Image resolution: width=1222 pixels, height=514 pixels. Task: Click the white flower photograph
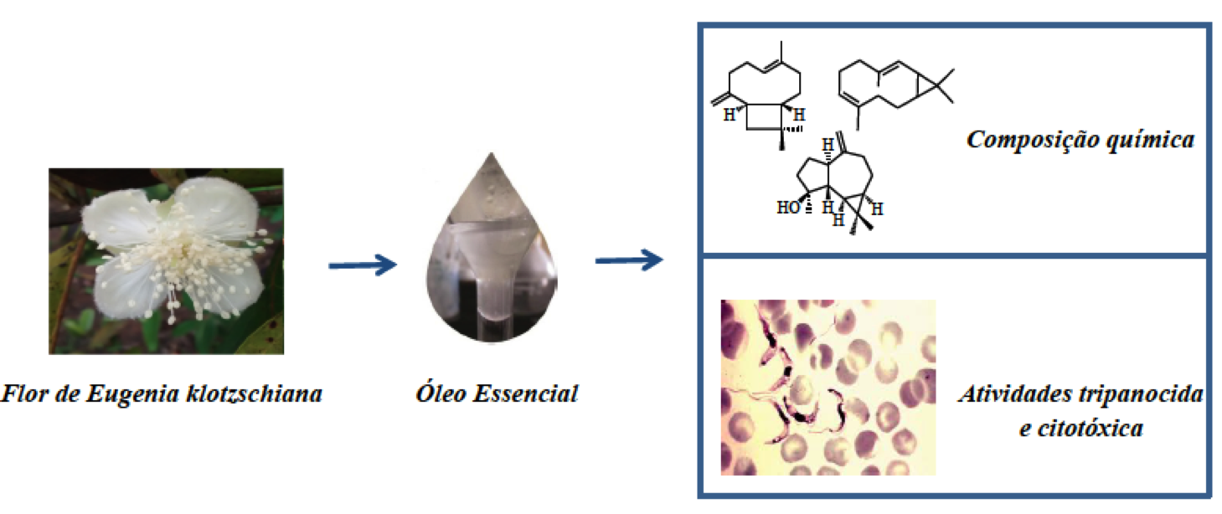(166, 260)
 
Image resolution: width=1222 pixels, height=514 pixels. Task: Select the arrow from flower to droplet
(361, 265)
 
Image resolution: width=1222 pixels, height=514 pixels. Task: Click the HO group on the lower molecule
(788, 208)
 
